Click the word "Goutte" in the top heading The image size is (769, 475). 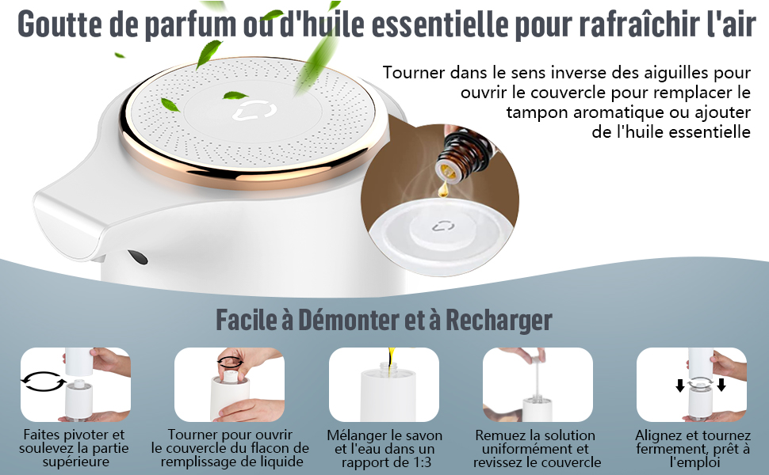click(60, 23)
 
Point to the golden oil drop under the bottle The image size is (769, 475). click(444, 188)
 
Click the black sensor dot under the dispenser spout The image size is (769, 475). click(138, 257)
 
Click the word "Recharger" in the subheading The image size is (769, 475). click(499, 321)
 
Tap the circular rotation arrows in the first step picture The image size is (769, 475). click(44, 381)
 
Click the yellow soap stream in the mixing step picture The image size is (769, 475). click(391, 360)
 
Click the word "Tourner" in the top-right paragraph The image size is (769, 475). click(414, 73)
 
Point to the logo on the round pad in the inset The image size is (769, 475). click(443, 226)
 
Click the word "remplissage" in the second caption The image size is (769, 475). click(202, 462)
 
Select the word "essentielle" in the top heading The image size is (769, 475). click(438, 23)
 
